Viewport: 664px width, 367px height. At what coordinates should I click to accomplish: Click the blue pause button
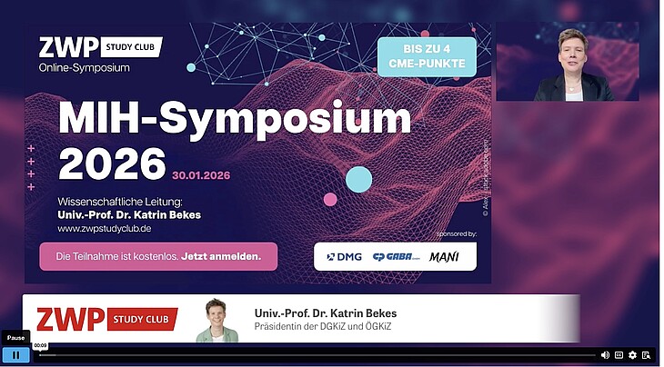(15, 354)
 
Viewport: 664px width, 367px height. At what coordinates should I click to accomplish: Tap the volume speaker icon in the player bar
(605, 354)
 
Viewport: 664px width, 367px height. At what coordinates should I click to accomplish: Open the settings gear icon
(632, 354)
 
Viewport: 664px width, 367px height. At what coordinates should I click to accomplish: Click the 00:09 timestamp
(40, 345)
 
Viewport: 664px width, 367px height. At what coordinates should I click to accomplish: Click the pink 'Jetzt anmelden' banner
(158, 257)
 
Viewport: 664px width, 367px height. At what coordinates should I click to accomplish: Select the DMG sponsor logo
(345, 257)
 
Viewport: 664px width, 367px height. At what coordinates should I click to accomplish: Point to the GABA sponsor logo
(396, 257)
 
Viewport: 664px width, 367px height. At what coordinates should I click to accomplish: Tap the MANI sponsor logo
(445, 257)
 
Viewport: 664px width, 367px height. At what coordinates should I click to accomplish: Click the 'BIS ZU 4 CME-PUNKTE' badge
(427, 56)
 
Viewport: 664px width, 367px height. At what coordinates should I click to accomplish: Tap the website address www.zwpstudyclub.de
(104, 230)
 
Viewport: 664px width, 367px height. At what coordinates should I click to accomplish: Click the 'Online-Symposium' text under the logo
(85, 67)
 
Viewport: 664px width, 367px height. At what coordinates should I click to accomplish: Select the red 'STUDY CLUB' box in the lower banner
(143, 319)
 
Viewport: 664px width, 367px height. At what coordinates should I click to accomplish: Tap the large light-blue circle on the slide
(359, 179)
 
